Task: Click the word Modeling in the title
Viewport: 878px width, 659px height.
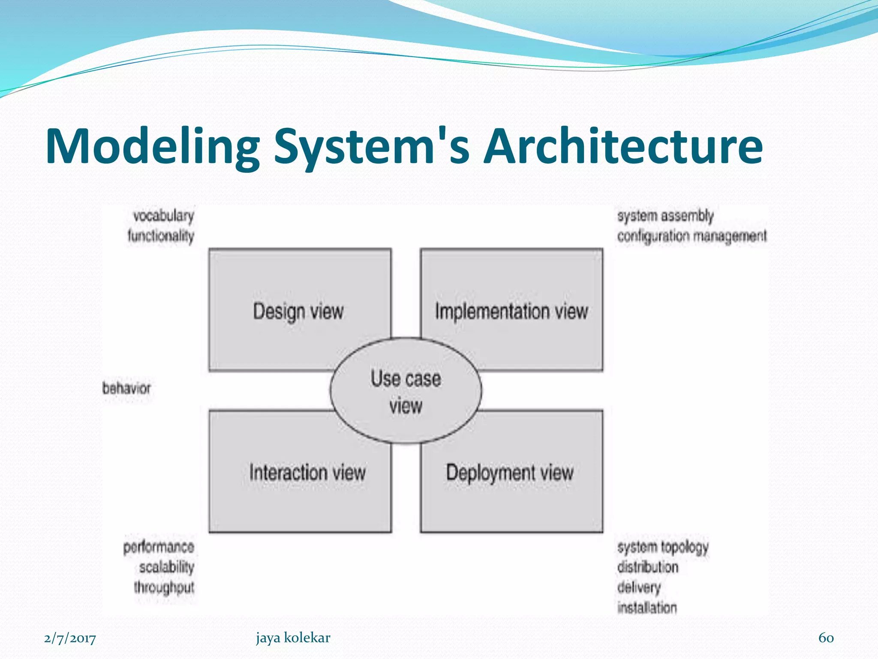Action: click(152, 147)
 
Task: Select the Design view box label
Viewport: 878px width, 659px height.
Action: click(298, 311)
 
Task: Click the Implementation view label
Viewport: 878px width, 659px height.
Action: click(511, 311)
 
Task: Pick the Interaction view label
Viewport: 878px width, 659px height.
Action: click(307, 472)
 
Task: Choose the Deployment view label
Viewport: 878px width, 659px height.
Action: click(510, 472)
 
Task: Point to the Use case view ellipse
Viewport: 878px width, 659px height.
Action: click(406, 391)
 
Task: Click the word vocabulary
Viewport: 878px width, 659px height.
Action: click(163, 216)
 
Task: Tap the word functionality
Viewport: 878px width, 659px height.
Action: click(161, 236)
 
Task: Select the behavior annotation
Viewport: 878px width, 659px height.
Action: click(126, 388)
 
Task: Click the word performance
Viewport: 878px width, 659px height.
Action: click(159, 547)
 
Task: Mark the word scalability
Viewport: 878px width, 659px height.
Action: click(166, 567)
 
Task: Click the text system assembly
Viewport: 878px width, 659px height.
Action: click(665, 216)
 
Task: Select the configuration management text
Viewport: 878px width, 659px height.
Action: click(692, 236)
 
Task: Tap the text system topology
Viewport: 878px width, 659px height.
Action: click(663, 547)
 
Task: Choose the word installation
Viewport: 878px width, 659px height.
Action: click(647, 608)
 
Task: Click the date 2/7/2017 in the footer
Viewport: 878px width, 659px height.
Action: click(70, 638)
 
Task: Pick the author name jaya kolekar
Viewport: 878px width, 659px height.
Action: click(293, 638)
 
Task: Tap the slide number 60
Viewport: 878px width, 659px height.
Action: click(826, 638)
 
